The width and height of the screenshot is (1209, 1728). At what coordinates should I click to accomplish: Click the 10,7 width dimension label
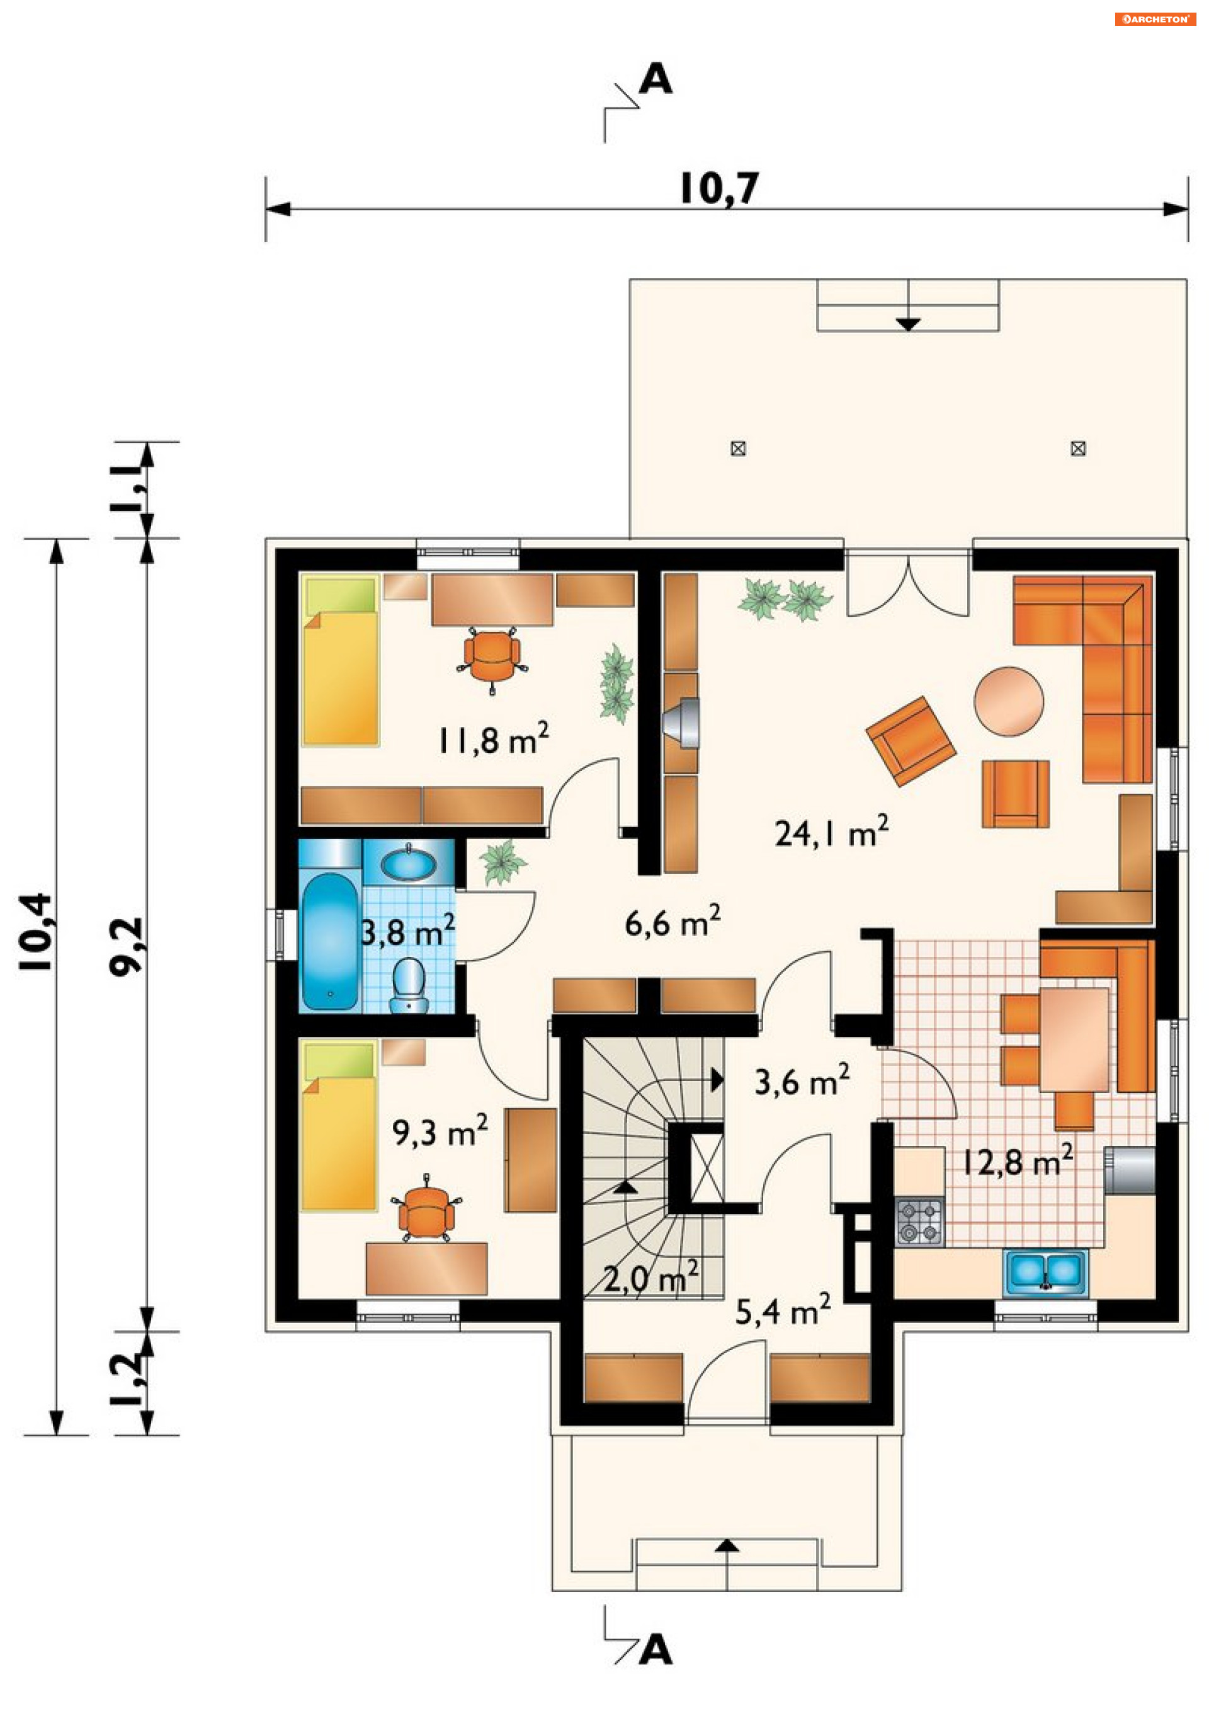point(719,188)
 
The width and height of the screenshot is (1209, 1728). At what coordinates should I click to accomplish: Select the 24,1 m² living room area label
point(831,832)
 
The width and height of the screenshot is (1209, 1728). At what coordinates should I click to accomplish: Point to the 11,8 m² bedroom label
point(493,739)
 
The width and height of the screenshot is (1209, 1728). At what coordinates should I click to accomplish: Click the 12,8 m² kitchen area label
point(1017,1160)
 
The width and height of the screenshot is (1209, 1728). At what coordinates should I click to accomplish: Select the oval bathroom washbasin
point(408,862)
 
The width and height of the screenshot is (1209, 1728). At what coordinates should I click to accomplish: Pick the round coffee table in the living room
point(1008,701)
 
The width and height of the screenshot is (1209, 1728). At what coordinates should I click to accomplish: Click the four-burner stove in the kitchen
point(919,1222)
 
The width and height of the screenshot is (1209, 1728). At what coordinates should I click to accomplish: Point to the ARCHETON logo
point(1155,20)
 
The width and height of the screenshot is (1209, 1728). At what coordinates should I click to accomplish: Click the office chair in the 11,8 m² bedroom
point(492,656)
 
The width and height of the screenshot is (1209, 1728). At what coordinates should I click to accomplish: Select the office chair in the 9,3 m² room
point(426,1208)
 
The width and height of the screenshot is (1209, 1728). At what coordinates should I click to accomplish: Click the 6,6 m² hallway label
point(673,921)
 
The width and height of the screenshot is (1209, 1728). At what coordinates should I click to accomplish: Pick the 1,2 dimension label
point(127,1380)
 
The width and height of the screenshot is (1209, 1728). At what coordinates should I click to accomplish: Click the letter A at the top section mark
point(656,78)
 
